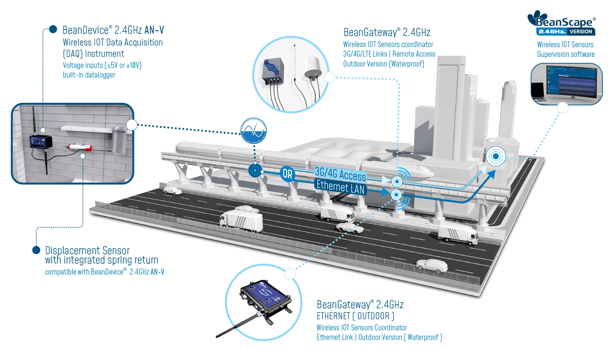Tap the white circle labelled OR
287,174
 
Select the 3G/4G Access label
340,173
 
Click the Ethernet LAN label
340,187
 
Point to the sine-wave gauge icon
253,131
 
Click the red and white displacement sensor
80,147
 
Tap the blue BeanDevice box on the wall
41,142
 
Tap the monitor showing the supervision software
571,81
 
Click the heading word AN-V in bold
154,30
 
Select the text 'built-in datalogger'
89,75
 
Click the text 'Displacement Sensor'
87,250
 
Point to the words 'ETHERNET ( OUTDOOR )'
355,316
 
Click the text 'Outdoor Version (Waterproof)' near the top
383,64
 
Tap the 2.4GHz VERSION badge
565,31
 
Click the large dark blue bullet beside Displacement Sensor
36,250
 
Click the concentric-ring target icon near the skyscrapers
496,156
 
